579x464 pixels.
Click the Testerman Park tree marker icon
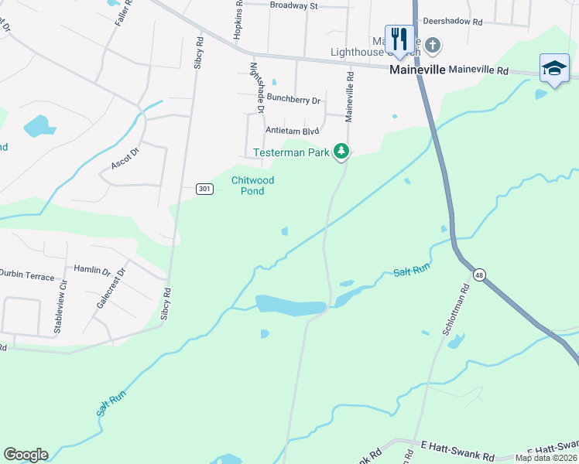pyautogui.click(x=341, y=151)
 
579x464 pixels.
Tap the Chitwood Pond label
pyautogui.click(x=252, y=186)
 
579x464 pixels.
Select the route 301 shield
pyautogui.click(x=204, y=189)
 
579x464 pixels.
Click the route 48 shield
pyautogui.click(x=480, y=275)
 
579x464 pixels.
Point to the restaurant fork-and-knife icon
pyautogui.click(x=399, y=39)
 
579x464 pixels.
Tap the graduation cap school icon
pyautogui.click(x=554, y=67)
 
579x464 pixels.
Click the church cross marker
pyautogui.click(x=433, y=46)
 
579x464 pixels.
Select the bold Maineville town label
pyautogui.click(x=417, y=70)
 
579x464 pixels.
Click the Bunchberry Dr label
pyautogui.click(x=293, y=99)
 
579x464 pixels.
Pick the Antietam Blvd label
pyautogui.click(x=293, y=131)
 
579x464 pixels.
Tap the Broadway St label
pyautogui.click(x=294, y=5)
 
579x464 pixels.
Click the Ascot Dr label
pyautogui.click(x=124, y=158)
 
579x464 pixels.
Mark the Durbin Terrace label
pyautogui.click(x=27, y=276)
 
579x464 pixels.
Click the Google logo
pyautogui.click(x=26, y=455)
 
